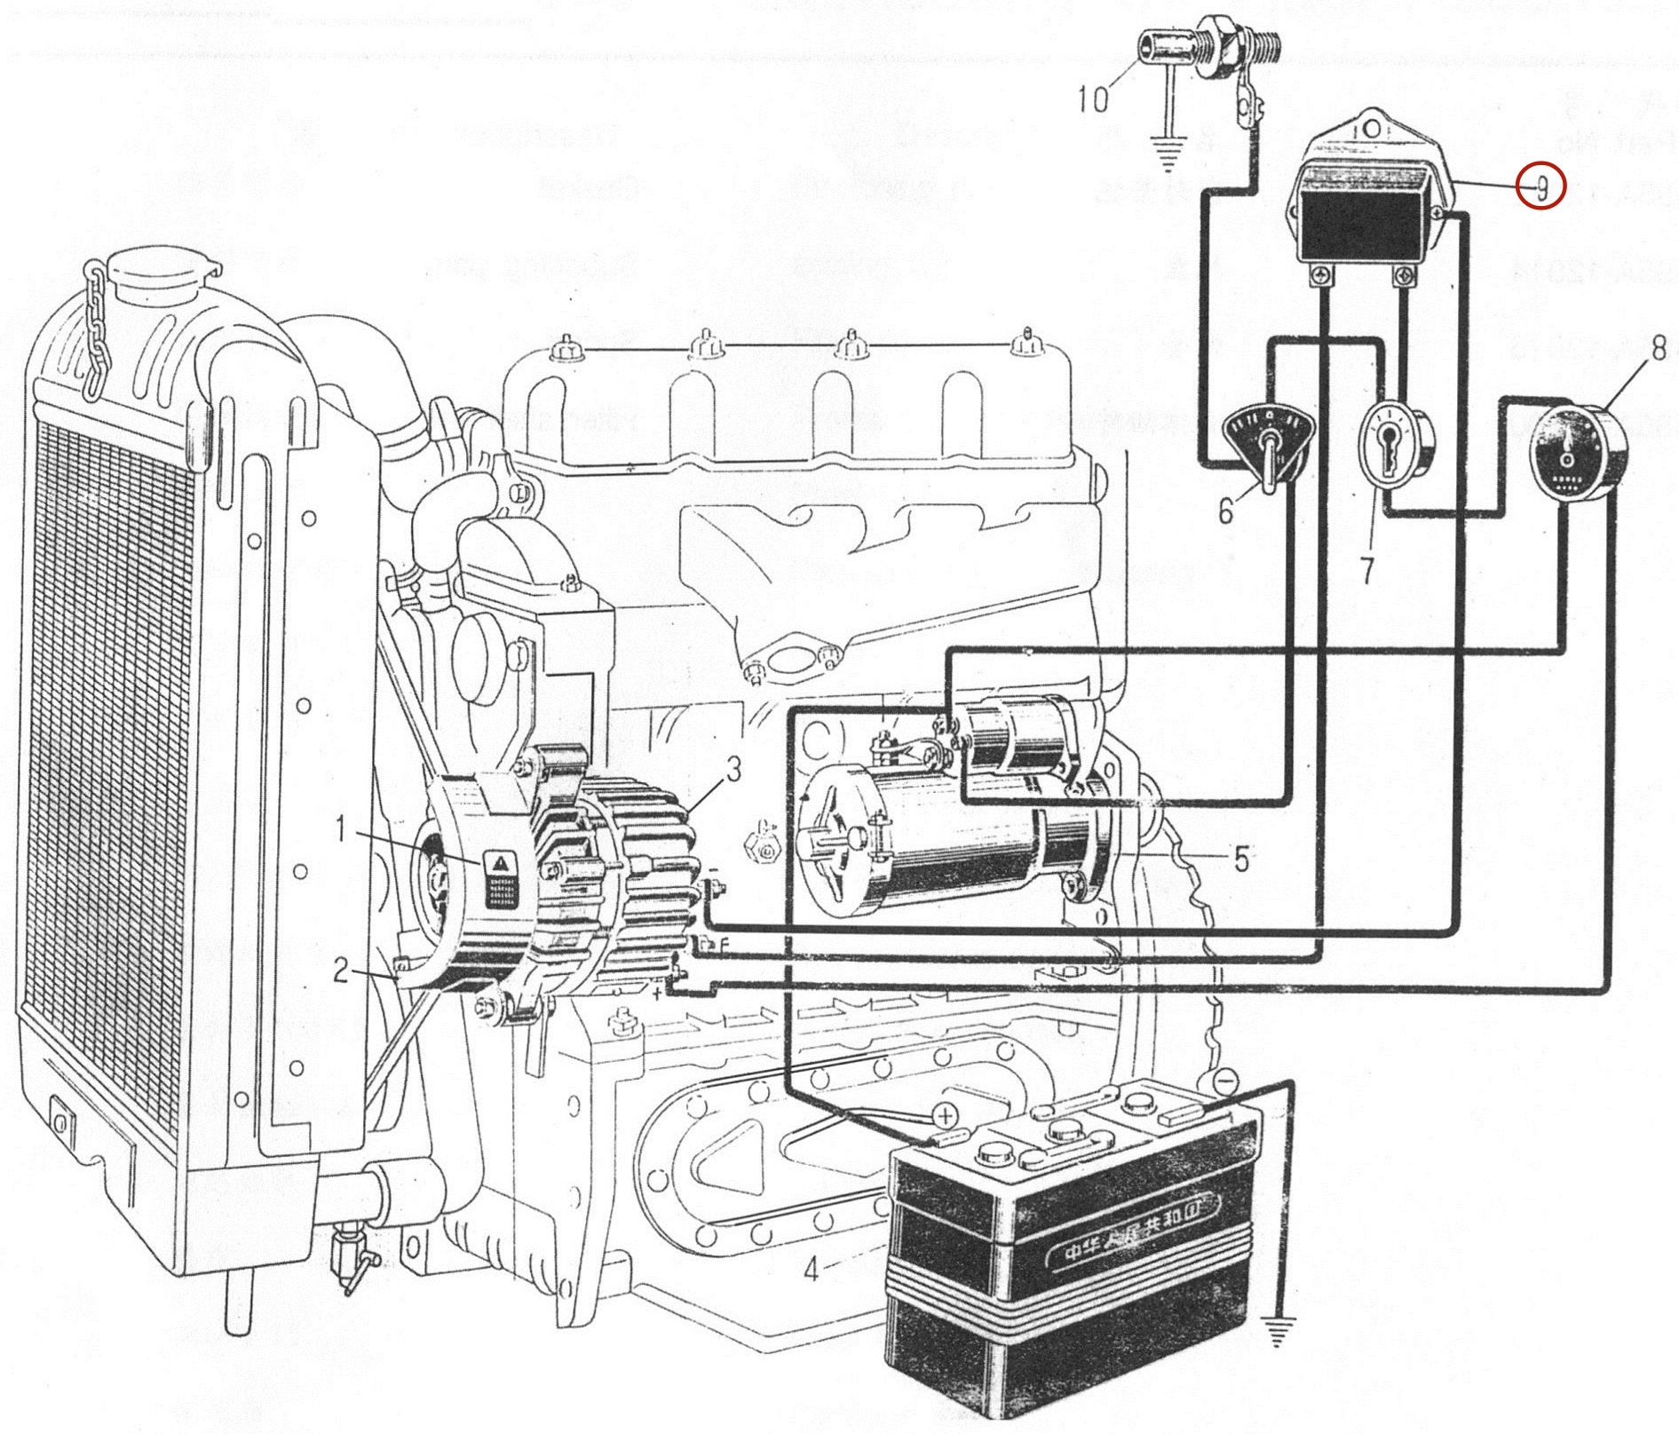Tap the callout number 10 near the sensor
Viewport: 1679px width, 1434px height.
coord(1094,99)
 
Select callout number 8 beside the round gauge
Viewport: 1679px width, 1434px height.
coord(1657,349)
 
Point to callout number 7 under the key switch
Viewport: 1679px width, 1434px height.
coord(1366,570)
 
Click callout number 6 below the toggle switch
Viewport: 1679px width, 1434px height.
coord(1225,512)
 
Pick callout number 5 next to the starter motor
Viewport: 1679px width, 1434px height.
coord(1241,858)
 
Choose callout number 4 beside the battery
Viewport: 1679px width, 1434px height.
coord(810,1271)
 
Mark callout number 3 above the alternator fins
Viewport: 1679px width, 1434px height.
coord(732,772)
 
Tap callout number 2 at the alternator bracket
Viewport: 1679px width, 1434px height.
coord(342,971)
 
